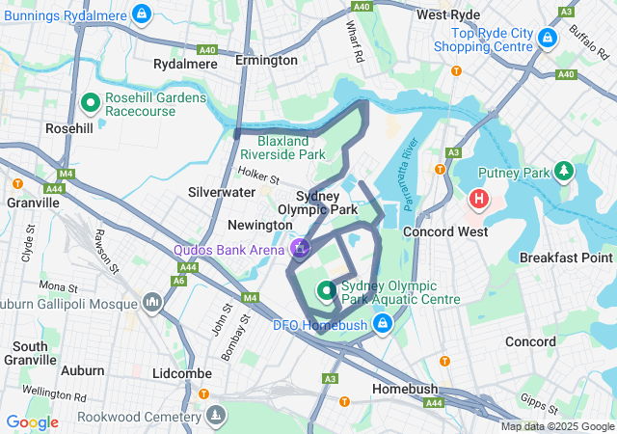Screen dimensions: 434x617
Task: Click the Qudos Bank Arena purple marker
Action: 299,250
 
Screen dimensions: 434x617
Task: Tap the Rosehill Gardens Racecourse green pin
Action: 92,100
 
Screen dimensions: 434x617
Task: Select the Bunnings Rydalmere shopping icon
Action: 142,14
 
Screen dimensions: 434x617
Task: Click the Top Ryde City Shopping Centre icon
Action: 548,38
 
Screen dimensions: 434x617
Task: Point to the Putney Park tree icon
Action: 563,173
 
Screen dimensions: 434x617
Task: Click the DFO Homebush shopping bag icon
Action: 383,323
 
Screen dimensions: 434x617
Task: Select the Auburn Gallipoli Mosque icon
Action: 151,304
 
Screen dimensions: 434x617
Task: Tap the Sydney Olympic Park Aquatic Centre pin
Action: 326,289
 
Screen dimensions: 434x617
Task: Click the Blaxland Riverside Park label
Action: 282,146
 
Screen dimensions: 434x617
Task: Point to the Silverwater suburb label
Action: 221,192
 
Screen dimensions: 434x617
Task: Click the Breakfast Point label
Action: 565,258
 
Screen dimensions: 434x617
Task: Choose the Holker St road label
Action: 258,177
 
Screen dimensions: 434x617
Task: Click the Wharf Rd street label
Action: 355,43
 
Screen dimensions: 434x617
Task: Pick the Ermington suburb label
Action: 266,60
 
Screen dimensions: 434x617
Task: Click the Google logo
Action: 32,421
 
